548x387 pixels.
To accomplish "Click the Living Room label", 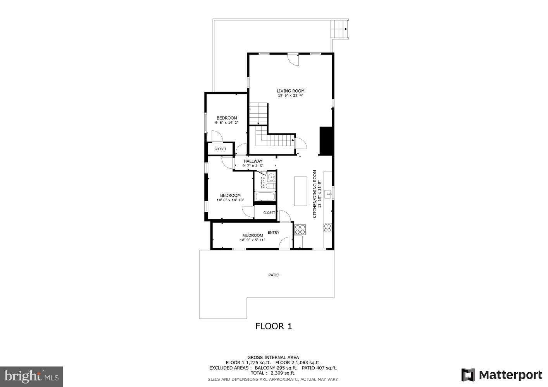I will [x=290, y=91].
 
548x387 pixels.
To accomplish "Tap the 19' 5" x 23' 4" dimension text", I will [x=290, y=96].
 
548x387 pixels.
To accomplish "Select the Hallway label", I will [x=253, y=161].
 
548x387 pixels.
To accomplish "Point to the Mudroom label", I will [x=253, y=235].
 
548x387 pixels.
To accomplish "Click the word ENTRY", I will [x=273, y=233].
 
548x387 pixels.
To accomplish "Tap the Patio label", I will [x=274, y=275].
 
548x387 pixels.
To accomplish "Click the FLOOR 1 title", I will [x=273, y=326].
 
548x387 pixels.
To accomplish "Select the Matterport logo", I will [x=501, y=375].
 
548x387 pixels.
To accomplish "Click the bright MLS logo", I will [x=31, y=376].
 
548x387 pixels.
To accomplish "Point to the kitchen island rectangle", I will [x=300, y=191].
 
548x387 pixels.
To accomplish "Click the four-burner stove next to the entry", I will [x=300, y=229].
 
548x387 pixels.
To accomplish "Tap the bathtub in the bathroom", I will [x=265, y=196].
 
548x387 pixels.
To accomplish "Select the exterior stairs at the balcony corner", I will [x=339, y=29].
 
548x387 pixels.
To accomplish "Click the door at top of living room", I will [x=293, y=59].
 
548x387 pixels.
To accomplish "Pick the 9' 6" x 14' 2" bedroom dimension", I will [x=227, y=123].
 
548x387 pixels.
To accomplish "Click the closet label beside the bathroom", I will [x=269, y=212].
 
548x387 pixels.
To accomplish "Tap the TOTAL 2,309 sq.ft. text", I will [x=273, y=373].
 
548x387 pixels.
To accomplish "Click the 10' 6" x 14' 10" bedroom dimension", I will [x=230, y=200].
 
